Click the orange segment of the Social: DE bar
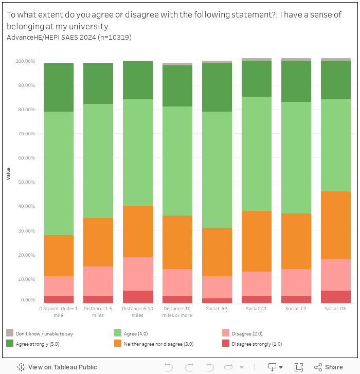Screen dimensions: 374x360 tap(335, 225)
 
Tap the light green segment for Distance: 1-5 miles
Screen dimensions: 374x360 tap(98, 161)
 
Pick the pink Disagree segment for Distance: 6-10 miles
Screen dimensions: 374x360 tap(137, 274)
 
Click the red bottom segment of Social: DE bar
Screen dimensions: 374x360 tap(335, 297)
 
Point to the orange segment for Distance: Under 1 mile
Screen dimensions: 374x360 tap(59, 256)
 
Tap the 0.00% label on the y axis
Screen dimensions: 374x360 tap(27, 300)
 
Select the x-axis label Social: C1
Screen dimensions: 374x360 tap(256, 309)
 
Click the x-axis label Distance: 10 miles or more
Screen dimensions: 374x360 tap(177, 312)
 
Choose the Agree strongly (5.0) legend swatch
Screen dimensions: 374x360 tap(10, 343)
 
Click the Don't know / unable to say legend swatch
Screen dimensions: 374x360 tap(10, 333)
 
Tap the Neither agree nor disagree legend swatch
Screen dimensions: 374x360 tap(118, 343)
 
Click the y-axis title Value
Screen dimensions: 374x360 tap(8, 173)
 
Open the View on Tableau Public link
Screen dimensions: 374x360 tap(57, 367)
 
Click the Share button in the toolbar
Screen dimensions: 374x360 tap(329, 367)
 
